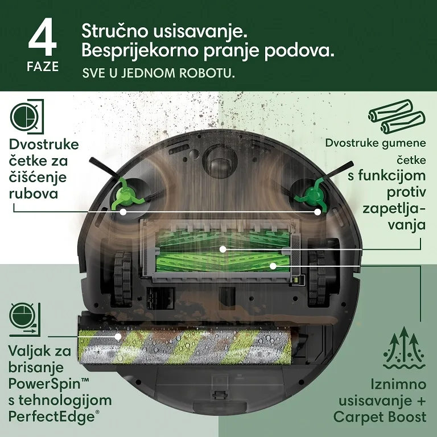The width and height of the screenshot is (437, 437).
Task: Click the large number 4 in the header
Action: [x=43, y=37]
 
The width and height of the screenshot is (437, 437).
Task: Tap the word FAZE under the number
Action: [x=43, y=67]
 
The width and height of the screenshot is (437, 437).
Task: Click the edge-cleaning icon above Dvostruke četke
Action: [x=27, y=117]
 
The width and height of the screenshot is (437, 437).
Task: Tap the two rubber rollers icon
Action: [x=397, y=117]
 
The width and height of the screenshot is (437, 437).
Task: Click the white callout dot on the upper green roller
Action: [x=222, y=249]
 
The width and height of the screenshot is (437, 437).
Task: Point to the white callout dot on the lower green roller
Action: [x=273, y=266]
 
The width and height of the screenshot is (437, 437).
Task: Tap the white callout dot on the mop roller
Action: [x=118, y=336]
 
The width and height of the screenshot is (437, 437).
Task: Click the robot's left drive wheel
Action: [x=122, y=278]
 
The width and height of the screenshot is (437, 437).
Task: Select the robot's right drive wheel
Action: [x=316, y=278]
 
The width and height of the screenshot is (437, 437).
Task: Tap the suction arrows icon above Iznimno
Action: [x=404, y=348]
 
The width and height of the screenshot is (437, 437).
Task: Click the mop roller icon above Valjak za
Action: [x=25, y=320]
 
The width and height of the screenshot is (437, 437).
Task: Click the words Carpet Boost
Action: [x=380, y=417]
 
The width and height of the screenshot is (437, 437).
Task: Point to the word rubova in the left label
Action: [x=34, y=193]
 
